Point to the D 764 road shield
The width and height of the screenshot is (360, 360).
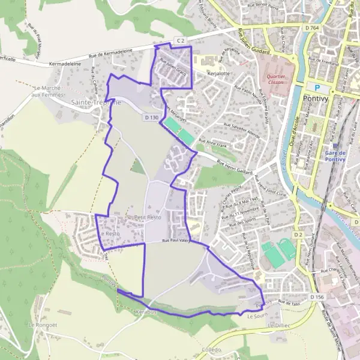click(311, 28)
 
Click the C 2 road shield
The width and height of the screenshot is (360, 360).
click(179, 40)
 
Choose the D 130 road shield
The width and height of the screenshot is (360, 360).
click(151, 118)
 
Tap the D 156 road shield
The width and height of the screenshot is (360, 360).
click(317, 296)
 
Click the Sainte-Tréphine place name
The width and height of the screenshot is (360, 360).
click(96, 103)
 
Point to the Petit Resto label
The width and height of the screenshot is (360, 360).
click(148, 217)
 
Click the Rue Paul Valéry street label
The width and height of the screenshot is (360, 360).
click(176, 240)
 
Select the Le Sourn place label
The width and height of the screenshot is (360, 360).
click(256, 315)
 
